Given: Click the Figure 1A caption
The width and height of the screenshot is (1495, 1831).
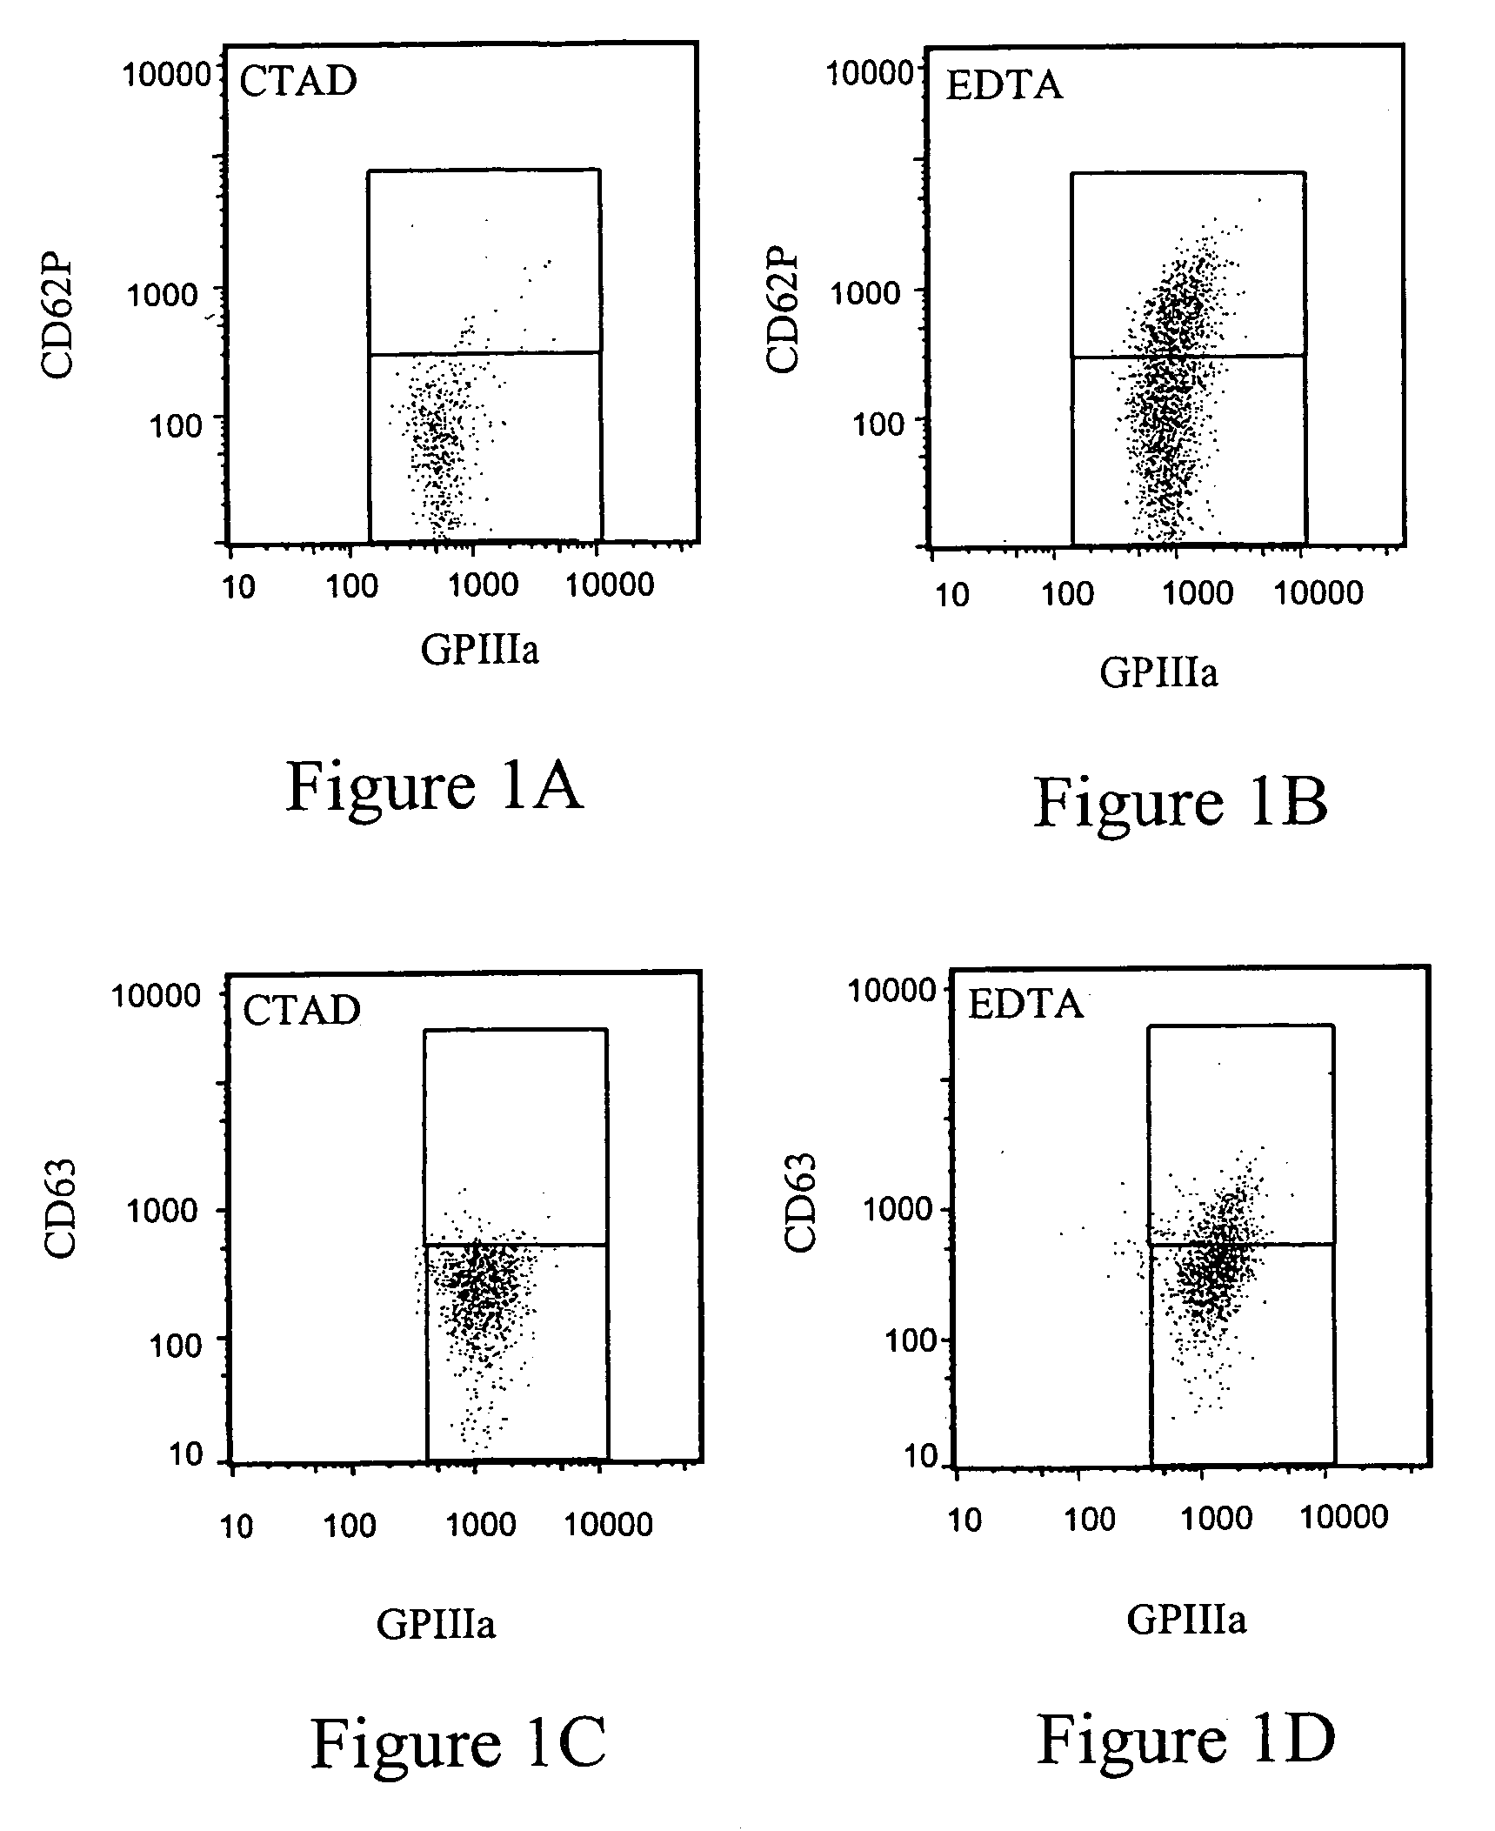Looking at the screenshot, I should coord(434,786).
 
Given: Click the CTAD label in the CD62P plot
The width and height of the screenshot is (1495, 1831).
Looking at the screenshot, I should coord(298,82).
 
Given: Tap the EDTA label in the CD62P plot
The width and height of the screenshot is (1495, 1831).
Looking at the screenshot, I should coord(1004,85).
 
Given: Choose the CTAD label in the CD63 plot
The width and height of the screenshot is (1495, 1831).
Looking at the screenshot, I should coord(301,1010).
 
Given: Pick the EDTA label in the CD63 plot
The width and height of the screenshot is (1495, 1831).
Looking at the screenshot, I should coord(1025,1005).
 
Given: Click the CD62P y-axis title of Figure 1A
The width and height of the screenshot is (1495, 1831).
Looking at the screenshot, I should coord(58,316).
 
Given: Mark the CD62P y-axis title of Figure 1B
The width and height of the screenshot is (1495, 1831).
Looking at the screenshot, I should coord(783,313).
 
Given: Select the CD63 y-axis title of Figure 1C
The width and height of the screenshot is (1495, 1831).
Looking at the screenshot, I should coord(60,1209).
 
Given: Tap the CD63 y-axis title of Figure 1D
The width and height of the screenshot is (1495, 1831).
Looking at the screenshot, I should coord(800,1203).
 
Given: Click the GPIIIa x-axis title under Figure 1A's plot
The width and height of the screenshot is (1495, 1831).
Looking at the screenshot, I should coord(479,650).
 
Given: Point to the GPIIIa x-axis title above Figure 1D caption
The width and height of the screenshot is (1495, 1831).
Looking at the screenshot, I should coord(1186,1619).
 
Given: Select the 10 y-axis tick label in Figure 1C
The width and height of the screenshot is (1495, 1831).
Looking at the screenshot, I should coord(186,1453).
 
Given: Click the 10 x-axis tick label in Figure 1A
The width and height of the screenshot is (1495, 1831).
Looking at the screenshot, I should coord(238,587).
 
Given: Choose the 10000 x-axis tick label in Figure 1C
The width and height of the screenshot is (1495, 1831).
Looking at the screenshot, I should coord(609,1525).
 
